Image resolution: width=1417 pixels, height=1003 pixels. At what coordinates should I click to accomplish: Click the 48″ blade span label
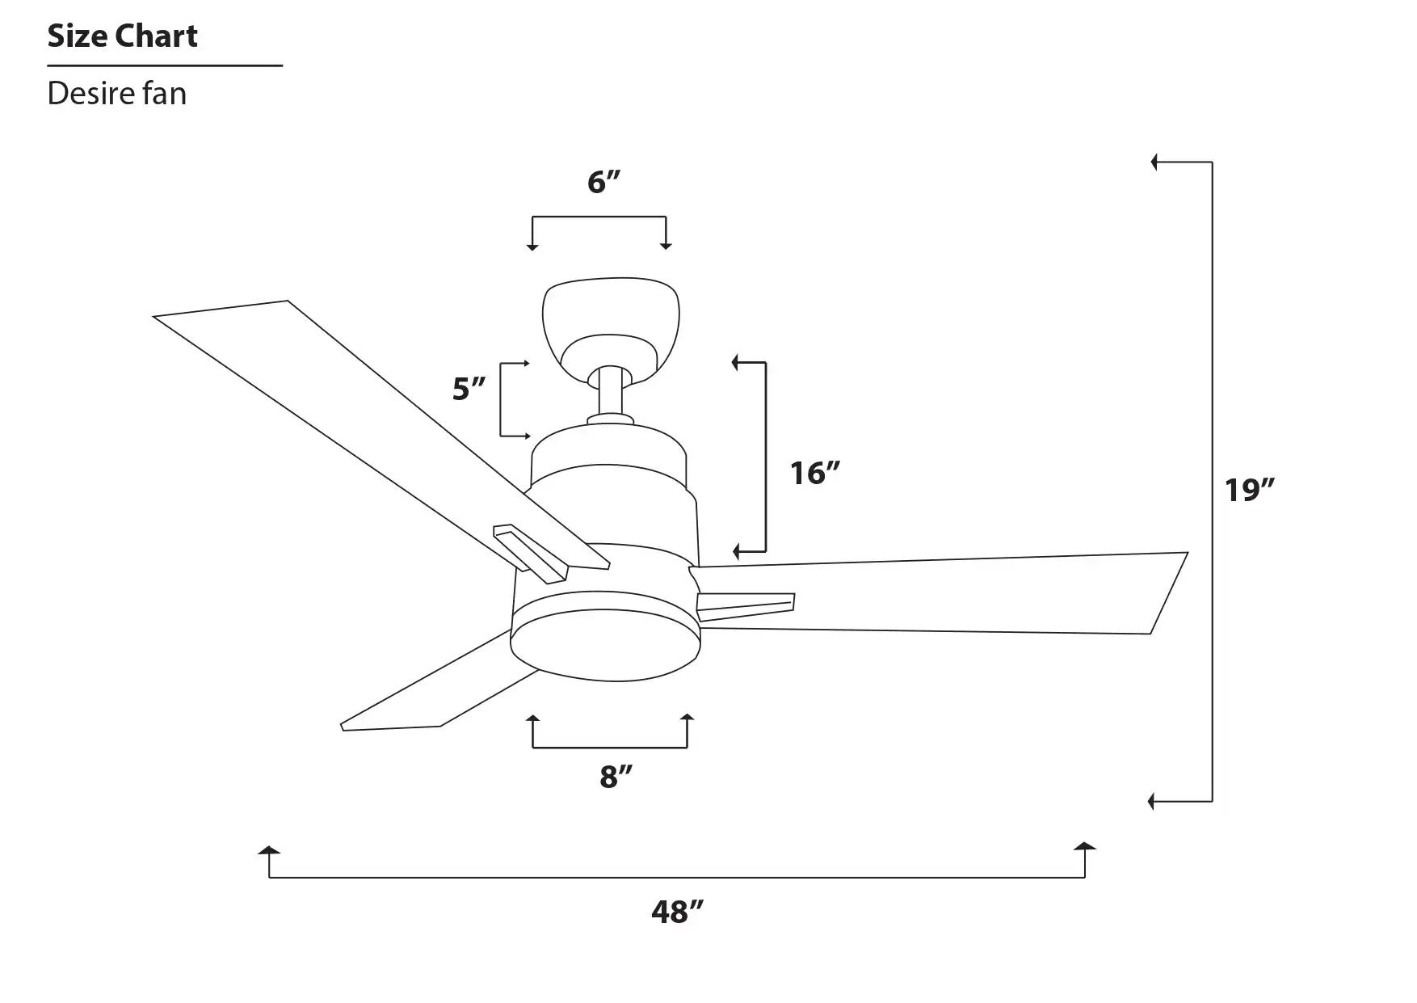[x=678, y=912]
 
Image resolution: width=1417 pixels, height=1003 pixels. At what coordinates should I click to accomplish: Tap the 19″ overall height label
[x=1250, y=490]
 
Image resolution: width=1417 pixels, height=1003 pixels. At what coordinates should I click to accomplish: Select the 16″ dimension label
[x=815, y=473]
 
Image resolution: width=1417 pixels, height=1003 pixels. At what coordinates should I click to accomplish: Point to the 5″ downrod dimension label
[x=469, y=389]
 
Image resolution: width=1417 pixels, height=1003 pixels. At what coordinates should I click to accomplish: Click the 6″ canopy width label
[x=603, y=182]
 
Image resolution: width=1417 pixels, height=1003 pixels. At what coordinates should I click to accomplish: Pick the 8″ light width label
[x=616, y=777]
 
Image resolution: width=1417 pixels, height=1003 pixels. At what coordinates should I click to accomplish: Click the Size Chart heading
[x=122, y=36]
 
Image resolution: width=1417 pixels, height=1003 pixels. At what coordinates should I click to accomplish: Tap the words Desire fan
[x=117, y=94]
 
